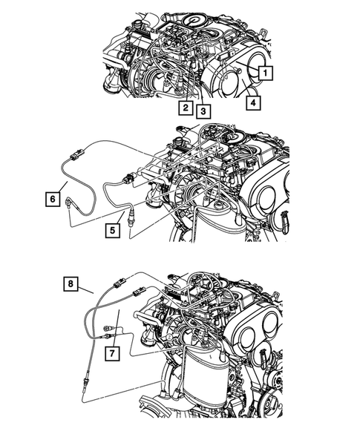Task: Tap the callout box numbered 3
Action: (202, 111)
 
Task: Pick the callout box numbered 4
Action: (253, 103)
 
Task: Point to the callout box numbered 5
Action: (112, 231)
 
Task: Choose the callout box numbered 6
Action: (51, 198)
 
